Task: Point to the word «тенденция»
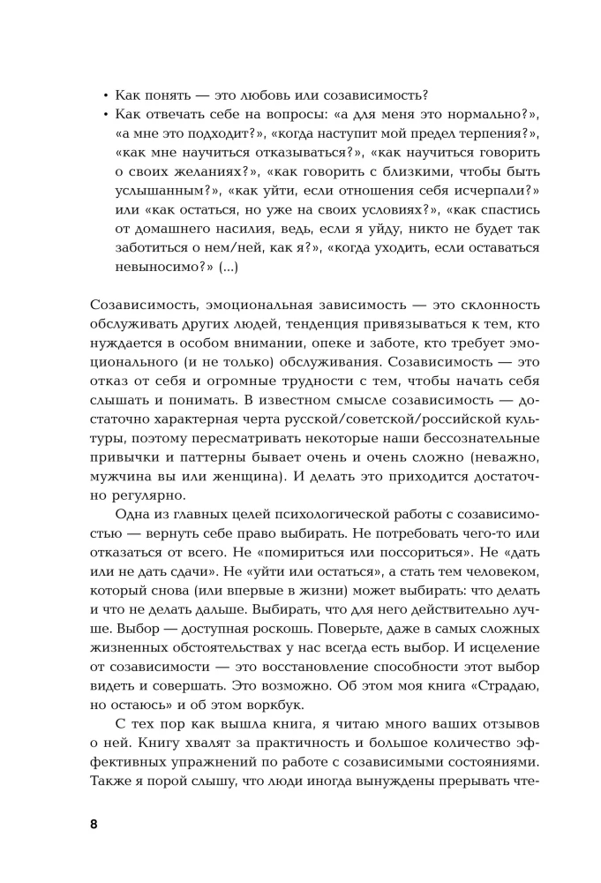pyautogui.click(x=291, y=325)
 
